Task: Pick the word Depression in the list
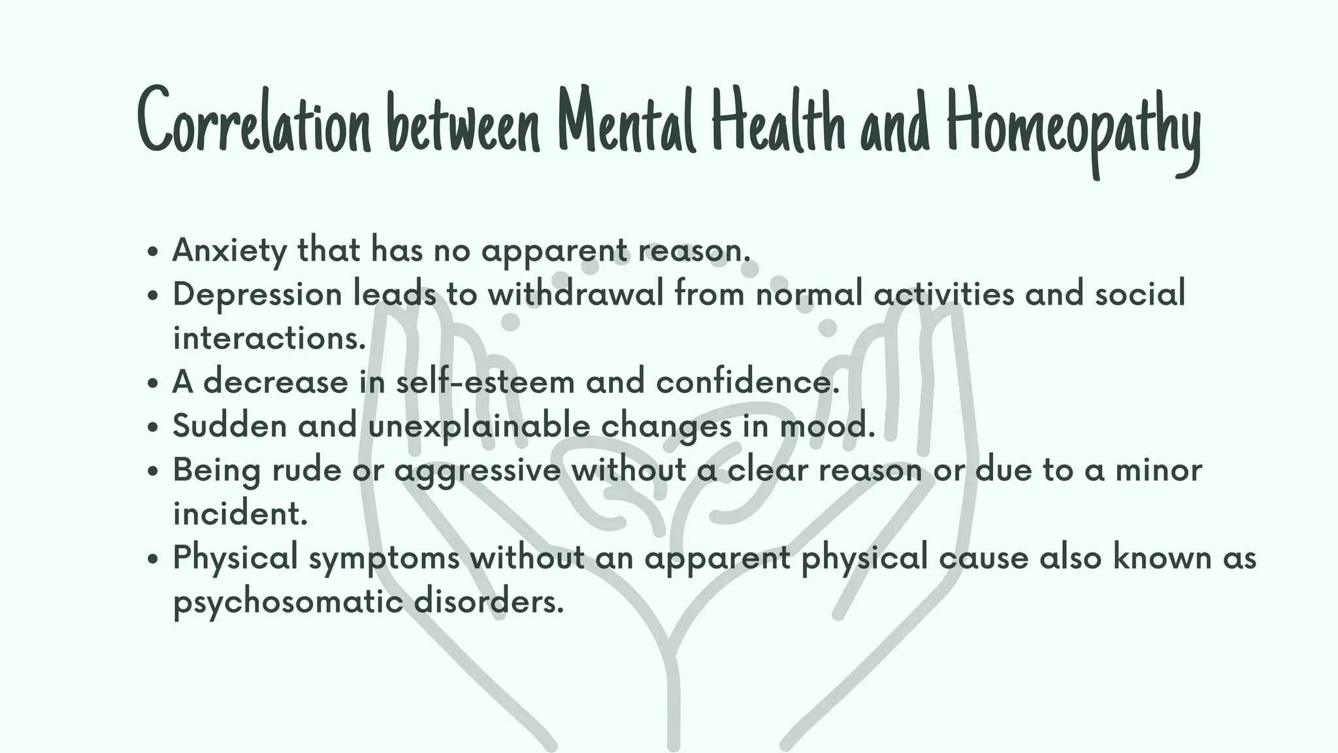(257, 295)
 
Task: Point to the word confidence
(747, 382)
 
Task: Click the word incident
(240, 513)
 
